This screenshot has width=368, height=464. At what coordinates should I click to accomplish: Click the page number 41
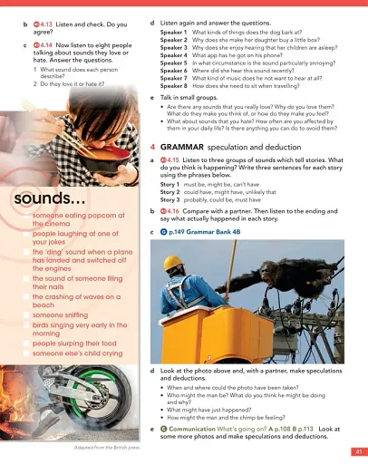tap(358, 450)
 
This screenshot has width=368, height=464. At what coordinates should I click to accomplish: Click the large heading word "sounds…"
tap(50, 198)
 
